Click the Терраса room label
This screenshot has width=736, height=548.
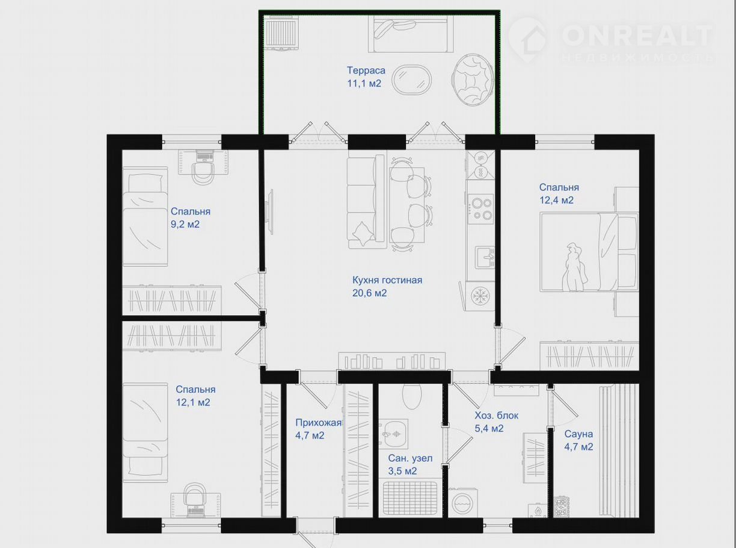tap(366, 70)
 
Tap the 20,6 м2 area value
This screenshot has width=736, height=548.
tap(369, 293)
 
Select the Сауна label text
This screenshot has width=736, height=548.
tap(578, 434)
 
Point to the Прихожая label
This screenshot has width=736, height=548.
tap(318, 423)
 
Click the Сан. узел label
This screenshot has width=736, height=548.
tap(410, 458)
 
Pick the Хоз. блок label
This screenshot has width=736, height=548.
tap(497, 416)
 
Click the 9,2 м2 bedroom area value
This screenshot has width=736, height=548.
tap(185, 224)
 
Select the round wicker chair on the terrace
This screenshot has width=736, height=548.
tap(472, 81)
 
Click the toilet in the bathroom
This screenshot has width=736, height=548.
tap(412, 397)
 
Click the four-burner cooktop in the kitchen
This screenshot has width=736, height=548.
tap(480, 209)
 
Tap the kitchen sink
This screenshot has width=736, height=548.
tap(485, 257)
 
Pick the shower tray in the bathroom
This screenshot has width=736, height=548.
tap(410, 498)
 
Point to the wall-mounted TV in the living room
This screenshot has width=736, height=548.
tap(271, 212)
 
